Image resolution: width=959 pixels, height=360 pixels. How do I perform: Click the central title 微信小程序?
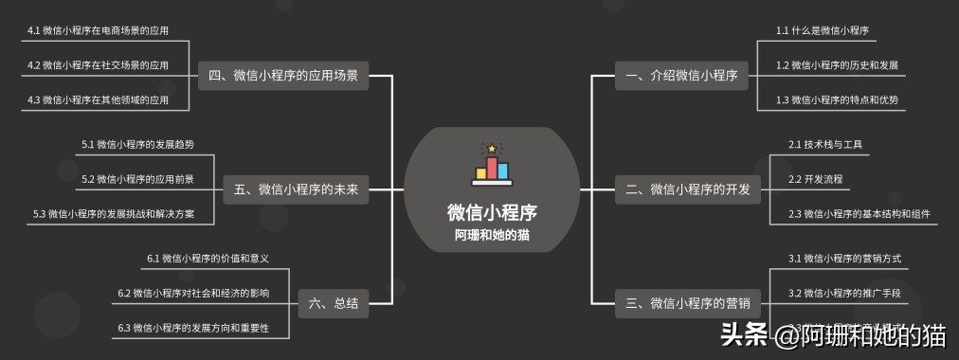[491, 212]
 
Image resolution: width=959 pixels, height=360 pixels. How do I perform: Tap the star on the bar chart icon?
[491, 149]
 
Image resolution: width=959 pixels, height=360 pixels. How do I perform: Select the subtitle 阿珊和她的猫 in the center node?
[491, 236]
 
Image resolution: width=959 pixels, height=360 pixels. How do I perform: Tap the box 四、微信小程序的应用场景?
[282, 76]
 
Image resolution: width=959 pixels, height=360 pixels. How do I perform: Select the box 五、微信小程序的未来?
[296, 189]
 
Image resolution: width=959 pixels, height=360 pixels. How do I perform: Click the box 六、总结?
[334, 303]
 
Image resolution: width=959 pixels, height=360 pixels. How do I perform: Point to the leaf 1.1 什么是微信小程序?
[822, 31]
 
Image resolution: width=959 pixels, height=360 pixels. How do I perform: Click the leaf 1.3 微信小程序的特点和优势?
[837, 99]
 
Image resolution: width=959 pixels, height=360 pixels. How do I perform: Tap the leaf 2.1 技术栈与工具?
[824, 145]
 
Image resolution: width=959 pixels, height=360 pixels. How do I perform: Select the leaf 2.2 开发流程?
[815, 179]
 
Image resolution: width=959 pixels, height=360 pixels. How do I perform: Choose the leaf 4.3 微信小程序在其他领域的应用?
[99, 99]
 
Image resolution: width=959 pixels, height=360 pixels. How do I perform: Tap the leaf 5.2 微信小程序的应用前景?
[137, 179]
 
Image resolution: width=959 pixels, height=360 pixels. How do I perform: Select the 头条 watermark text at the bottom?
[743, 335]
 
